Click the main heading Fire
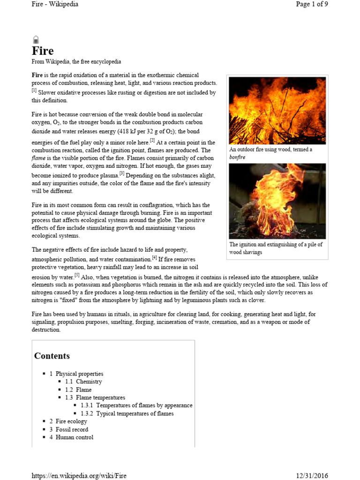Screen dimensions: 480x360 click(x=43, y=51)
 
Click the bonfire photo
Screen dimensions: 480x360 click(x=277, y=111)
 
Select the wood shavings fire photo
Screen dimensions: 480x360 click(x=277, y=201)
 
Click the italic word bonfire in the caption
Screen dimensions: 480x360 click(x=238, y=157)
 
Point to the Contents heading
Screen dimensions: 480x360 click(x=52, y=356)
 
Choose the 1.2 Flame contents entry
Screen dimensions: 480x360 click(x=78, y=390)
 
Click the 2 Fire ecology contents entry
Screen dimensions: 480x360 click(x=68, y=421)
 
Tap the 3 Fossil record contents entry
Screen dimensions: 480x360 click(x=69, y=429)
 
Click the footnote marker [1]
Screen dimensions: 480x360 click(x=34, y=90)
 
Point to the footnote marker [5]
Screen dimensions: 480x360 click(x=77, y=275)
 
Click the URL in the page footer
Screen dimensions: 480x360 click(x=79, y=475)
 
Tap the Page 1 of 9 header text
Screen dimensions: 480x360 click(x=312, y=4)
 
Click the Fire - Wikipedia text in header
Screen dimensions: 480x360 click(x=55, y=4)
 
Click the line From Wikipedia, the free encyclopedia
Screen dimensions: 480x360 click(x=76, y=62)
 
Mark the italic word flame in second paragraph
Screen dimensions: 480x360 click(x=39, y=158)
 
